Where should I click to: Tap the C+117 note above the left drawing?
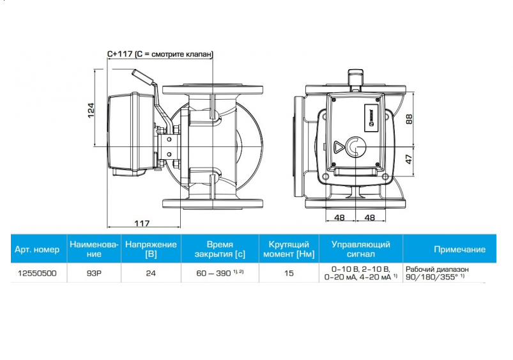tap(160, 54)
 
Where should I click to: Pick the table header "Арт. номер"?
tap(37, 249)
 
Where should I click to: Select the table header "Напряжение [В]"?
tap(151, 249)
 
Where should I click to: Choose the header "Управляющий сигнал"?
tap(361, 249)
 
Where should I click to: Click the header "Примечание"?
tap(459, 249)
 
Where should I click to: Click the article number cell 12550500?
tap(37, 273)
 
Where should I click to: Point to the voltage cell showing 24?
tap(151, 273)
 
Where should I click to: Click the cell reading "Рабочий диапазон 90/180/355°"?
tap(441, 274)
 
